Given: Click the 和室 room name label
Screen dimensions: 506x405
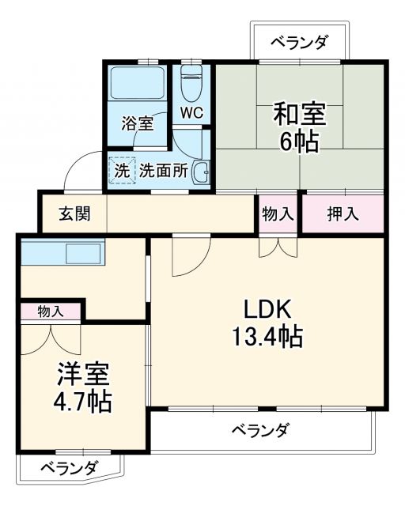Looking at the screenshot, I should pos(300,114).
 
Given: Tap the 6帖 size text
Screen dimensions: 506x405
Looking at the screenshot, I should pos(300,143).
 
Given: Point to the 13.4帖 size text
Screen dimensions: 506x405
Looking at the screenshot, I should pos(267,338).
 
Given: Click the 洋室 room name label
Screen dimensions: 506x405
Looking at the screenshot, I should pos(82,372).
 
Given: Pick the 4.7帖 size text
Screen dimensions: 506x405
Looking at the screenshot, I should pos(82,402).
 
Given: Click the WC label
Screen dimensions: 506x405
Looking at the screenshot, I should pos(191,113).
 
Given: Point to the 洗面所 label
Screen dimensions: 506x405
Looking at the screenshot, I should pos(164,170).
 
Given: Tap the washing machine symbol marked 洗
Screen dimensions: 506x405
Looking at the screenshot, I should pos(122,170).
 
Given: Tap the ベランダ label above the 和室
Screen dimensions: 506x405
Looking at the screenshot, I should pos(298,43).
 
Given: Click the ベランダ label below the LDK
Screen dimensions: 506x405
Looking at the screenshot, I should pos(260,431).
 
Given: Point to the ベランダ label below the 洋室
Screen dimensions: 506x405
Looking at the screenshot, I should pos(68,466).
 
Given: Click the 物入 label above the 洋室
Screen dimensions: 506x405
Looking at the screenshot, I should pos(50,312).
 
